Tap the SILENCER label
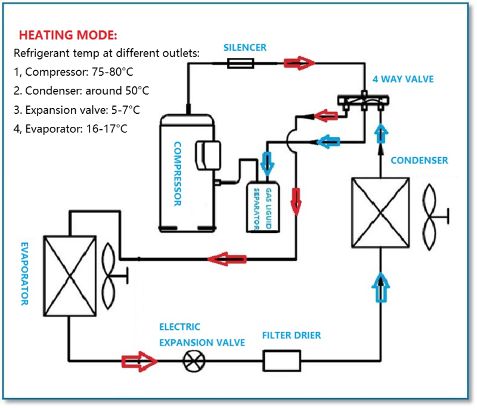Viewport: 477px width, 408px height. (x=245, y=47)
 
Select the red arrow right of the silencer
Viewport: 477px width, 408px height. (x=299, y=61)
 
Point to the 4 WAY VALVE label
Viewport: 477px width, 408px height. (x=403, y=79)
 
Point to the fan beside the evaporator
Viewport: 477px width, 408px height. (x=111, y=275)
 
